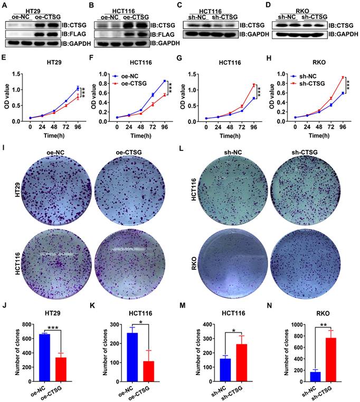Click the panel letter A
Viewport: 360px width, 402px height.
pyautogui.click(x=4, y=6)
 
